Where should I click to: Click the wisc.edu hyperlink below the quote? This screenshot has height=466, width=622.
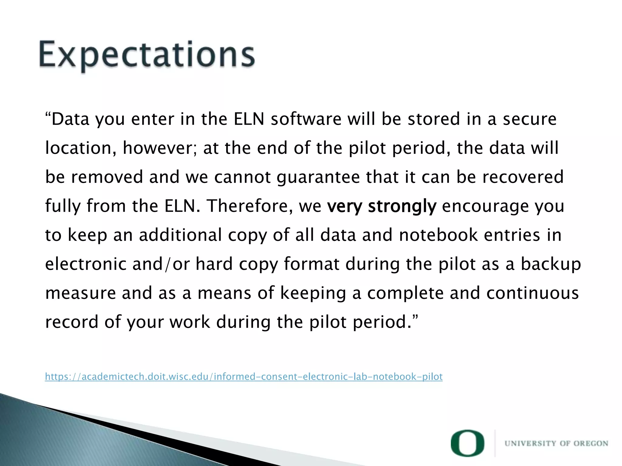(244, 377)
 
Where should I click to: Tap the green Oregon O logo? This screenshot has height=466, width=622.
(467, 443)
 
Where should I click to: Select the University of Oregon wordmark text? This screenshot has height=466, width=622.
(556, 444)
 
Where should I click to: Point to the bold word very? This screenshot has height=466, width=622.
(344, 206)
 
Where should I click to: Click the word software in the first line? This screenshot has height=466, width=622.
(306, 119)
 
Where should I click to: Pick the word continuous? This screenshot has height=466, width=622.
(532, 293)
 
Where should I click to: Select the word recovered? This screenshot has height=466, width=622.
(523, 177)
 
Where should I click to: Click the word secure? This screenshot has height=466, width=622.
(529, 119)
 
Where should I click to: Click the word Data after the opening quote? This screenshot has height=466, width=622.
(70, 119)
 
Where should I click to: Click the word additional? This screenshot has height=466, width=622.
(180, 235)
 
